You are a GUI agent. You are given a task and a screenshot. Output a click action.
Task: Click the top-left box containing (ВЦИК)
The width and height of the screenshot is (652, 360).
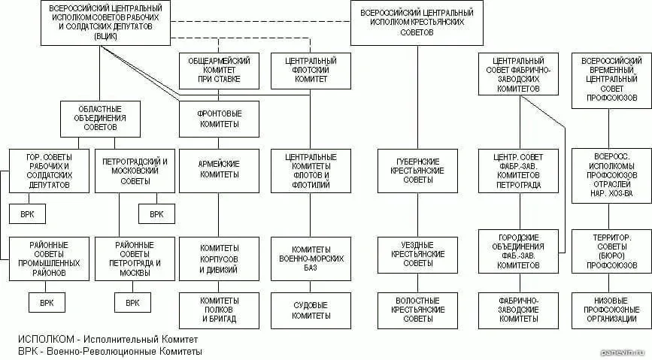tap(105, 23)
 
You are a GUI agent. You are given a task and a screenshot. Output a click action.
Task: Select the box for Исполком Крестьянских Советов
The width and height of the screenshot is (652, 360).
tap(417, 23)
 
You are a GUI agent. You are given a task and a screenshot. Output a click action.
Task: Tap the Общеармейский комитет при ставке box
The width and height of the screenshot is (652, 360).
tap(219, 71)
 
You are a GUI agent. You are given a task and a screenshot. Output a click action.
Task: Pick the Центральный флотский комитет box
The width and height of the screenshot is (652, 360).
tap(311, 71)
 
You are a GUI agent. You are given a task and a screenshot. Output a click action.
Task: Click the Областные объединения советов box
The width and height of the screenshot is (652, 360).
tap(100, 119)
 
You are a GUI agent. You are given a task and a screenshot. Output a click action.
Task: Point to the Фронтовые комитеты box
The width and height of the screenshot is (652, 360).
tap(219, 119)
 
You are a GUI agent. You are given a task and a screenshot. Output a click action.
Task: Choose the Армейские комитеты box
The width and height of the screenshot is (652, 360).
tap(219, 171)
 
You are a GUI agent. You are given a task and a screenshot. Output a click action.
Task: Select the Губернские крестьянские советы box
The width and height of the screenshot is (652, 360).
tap(417, 171)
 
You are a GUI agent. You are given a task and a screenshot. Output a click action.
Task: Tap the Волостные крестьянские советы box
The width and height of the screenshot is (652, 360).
tap(417, 310)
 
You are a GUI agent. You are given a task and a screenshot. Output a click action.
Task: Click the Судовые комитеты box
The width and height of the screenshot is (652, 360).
tap(311, 310)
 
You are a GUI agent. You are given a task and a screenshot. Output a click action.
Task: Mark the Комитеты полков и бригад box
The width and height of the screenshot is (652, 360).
tap(219, 310)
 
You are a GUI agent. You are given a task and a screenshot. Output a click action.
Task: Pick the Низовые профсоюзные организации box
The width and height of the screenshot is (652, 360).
tap(611, 310)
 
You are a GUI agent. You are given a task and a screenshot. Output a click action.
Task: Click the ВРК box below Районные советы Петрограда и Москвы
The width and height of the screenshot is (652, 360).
tap(132, 303)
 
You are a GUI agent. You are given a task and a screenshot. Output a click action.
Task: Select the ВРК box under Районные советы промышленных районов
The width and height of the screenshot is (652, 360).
tap(47, 303)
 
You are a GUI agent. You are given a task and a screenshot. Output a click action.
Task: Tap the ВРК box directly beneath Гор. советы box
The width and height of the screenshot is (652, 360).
tap(27, 214)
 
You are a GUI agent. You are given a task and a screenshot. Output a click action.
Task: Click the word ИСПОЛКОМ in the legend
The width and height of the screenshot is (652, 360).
tap(46, 340)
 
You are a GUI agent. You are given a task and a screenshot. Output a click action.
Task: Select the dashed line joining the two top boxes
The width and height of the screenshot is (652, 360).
tap(261, 21)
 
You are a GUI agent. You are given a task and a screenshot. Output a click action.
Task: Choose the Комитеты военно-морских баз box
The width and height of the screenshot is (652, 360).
tap(311, 259)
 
